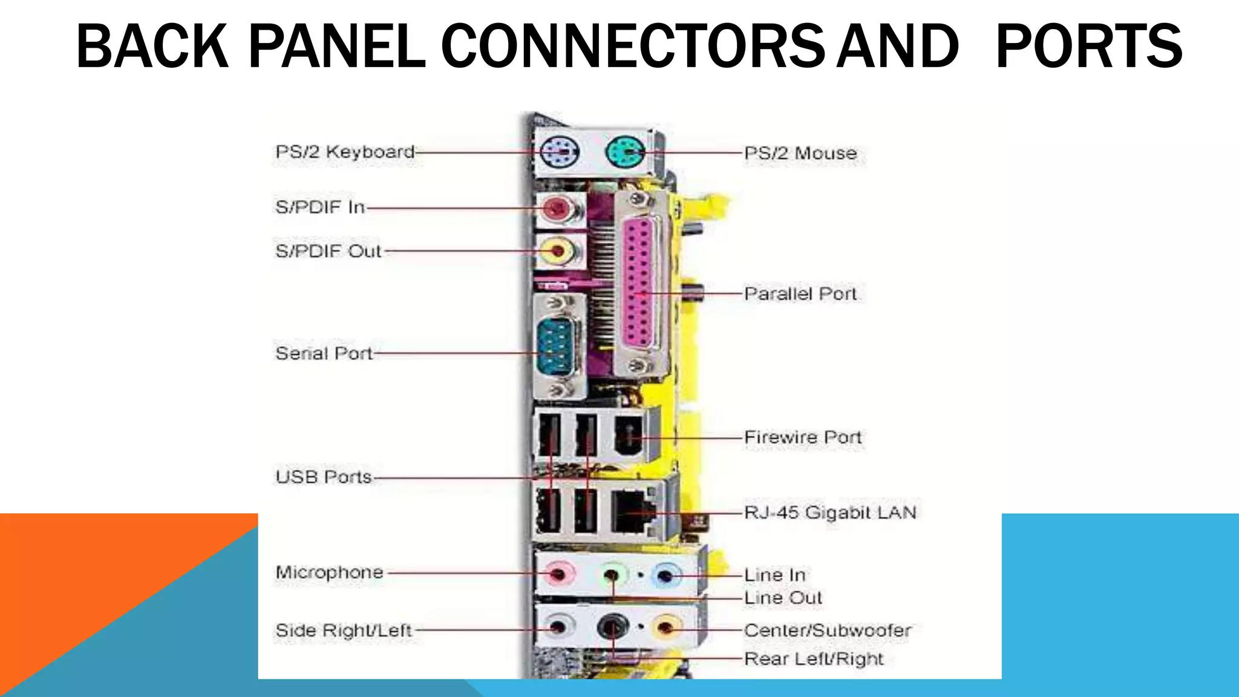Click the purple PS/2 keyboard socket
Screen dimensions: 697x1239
click(x=559, y=151)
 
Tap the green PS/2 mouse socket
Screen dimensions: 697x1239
click(x=625, y=152)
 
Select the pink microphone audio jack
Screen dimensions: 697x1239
click(x=558, y=572)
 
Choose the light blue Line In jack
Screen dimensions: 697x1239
click(x=665, y=575)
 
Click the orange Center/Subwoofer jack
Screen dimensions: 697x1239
click(x=665, y=629)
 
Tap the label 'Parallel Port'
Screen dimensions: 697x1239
click(x=800, y=294)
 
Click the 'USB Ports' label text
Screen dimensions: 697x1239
click(x=324, y=477)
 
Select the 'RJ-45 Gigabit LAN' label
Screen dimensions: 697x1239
click(x=830, y=513)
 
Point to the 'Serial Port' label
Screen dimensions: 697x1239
click(x=324, y=353)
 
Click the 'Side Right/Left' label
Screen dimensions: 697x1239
click(x=343, y=630)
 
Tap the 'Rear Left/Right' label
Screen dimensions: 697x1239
click(x=814, y=659)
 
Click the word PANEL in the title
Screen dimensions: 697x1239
click(x=336, y=46)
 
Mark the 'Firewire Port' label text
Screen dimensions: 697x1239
click(x=802, y=437)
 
